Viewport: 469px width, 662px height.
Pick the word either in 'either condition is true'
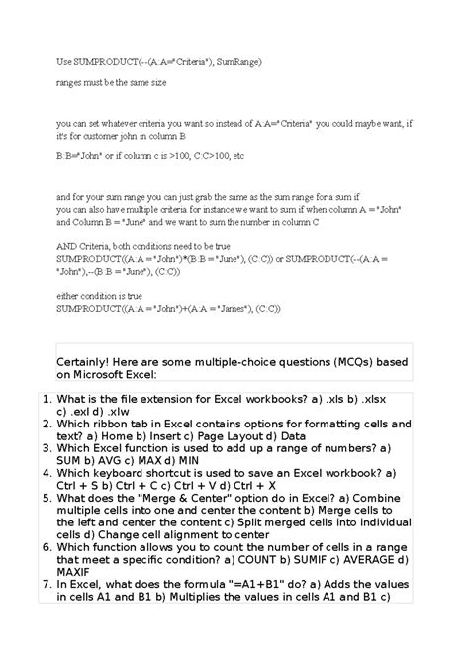tap(69, 296)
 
